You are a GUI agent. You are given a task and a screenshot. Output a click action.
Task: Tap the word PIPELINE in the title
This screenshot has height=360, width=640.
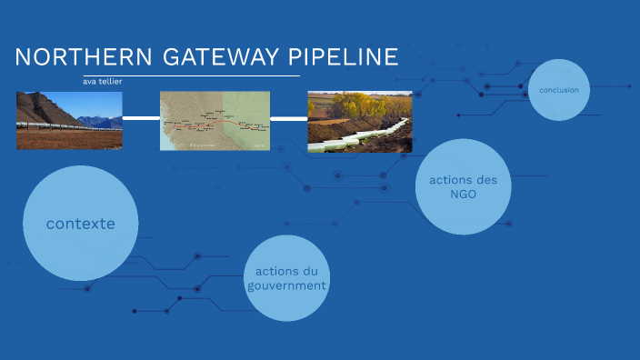(x=343, y=57)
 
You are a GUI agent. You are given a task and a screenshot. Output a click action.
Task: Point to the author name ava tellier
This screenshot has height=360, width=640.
(x=103, y=81)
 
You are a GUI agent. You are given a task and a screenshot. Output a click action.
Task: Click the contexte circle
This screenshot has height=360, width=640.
(x=80, y=223)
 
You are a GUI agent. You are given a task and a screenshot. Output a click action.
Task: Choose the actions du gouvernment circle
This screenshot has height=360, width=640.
(x=286, y=278)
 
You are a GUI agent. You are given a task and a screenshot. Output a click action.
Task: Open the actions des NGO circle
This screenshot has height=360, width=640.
(x=463, y=186)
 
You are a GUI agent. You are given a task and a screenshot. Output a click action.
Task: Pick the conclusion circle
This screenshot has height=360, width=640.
(x=558, y=90)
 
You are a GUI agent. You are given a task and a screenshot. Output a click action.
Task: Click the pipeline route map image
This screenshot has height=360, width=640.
(x=215, y=120)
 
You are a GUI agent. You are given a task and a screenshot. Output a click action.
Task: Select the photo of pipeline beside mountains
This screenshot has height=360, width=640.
(x=68, y=120)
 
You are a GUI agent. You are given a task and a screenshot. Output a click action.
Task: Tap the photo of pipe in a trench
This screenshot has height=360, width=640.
(x=359, y=121)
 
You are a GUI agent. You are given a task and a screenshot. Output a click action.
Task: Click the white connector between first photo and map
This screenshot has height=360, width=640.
(x=140, y=117)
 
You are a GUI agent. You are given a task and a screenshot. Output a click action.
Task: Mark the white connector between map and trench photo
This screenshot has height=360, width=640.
(x=288, y=118)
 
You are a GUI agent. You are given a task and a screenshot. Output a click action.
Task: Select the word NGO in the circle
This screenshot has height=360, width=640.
(x=463, y=194)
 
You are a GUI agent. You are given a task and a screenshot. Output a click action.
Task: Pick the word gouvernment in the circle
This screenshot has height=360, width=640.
(x=286, y=285)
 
